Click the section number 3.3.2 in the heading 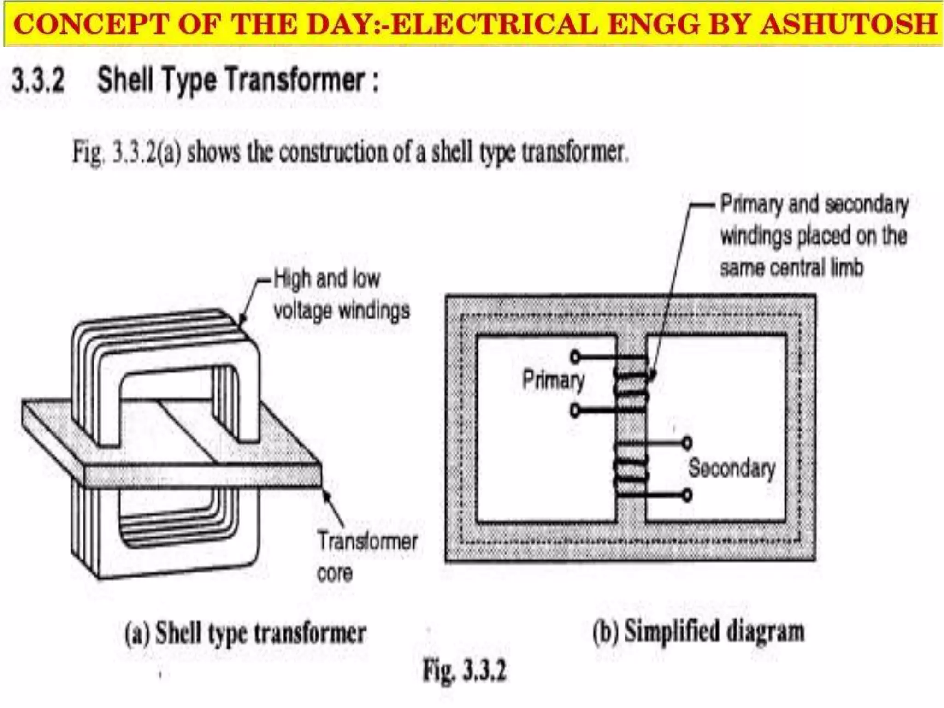(x=38, y=80)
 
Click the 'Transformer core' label (x=366, y=556)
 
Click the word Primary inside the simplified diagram (x=553, y=380)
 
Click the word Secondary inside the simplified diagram (x=732, y=468)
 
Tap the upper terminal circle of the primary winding (x=575, y=357)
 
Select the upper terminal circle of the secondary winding (x=687, y=443)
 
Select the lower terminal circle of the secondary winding (x=687, y=496)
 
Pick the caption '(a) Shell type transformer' (x=245, y=632)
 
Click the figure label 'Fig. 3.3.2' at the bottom (x=465, y=671)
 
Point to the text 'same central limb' (x=791, y=268)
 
